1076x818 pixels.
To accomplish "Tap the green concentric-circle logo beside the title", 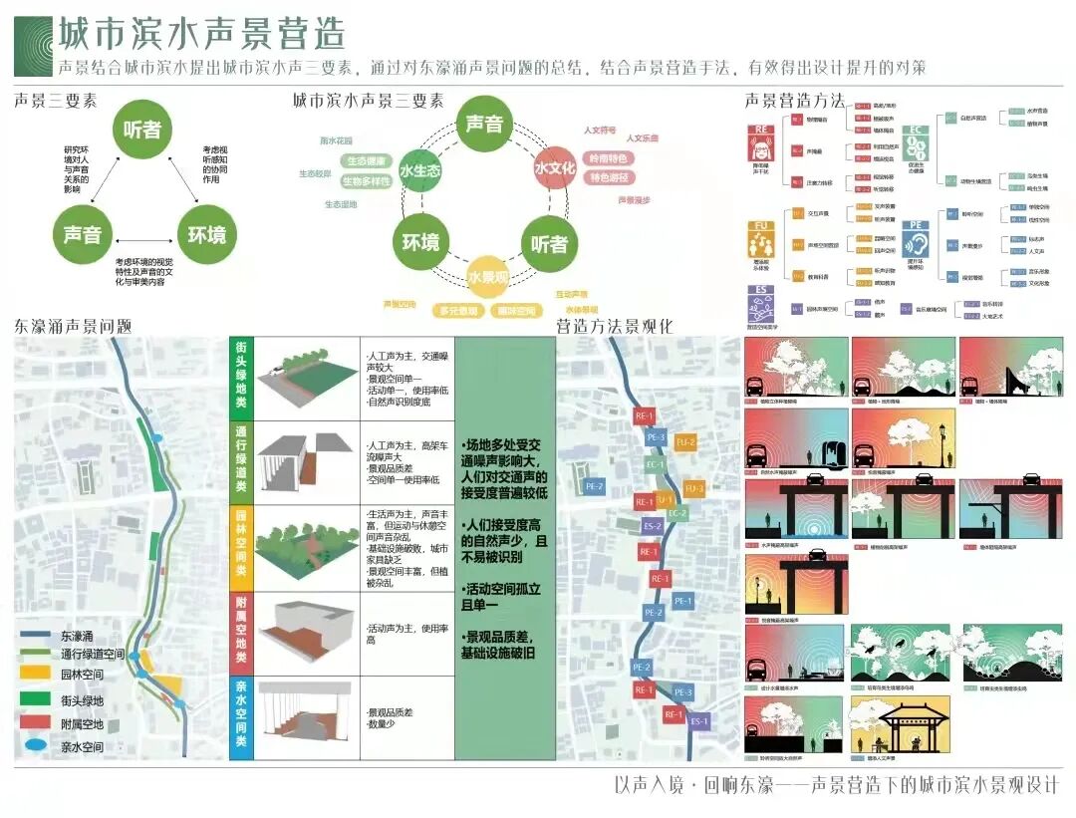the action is (x=33, y=45).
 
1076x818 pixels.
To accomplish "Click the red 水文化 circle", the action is (x=555, y=168).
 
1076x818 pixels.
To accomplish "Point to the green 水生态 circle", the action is (x=419, y=170).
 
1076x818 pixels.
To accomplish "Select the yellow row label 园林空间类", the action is (x=242, y=549).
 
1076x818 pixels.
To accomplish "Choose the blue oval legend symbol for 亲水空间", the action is (x=36, y=744).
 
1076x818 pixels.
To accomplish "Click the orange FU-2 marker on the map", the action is (x=685, y=441).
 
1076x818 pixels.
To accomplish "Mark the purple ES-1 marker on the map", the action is (x=698, y=721).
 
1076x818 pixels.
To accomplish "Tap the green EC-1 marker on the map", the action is (x=656, y=464).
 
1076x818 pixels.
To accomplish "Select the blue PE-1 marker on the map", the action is (x=682, y=601).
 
